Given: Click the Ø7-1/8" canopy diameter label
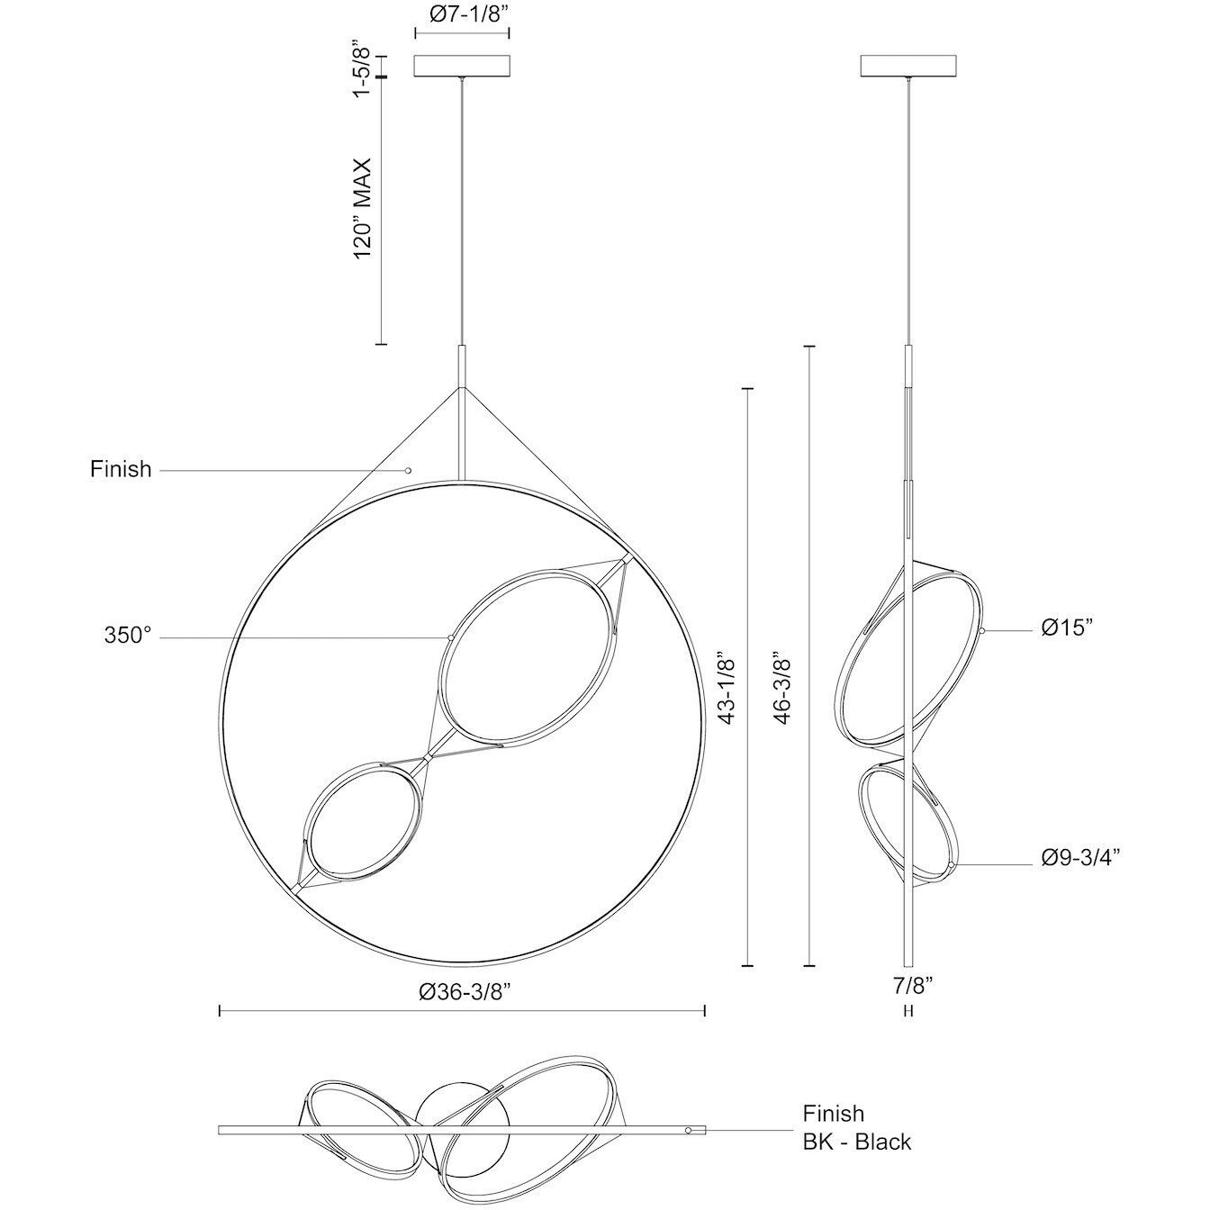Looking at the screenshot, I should point(461,14).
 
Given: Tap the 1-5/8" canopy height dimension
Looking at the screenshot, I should point(362,68).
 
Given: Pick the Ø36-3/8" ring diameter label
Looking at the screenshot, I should point(465,992).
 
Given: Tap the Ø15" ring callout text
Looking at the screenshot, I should point(1067,628).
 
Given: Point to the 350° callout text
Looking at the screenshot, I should point(128,636).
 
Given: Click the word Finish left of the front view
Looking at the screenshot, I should point(121,469).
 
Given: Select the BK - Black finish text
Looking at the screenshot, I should point(857,1142).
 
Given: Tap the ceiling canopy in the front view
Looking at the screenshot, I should point(462,67).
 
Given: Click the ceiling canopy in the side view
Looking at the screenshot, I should point(909,67).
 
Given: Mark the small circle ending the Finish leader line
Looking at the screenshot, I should point(408,470).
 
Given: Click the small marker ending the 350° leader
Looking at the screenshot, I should point(449,637).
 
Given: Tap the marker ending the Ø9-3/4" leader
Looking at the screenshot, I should point(951,866).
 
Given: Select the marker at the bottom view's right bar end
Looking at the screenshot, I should point(689,1130).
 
